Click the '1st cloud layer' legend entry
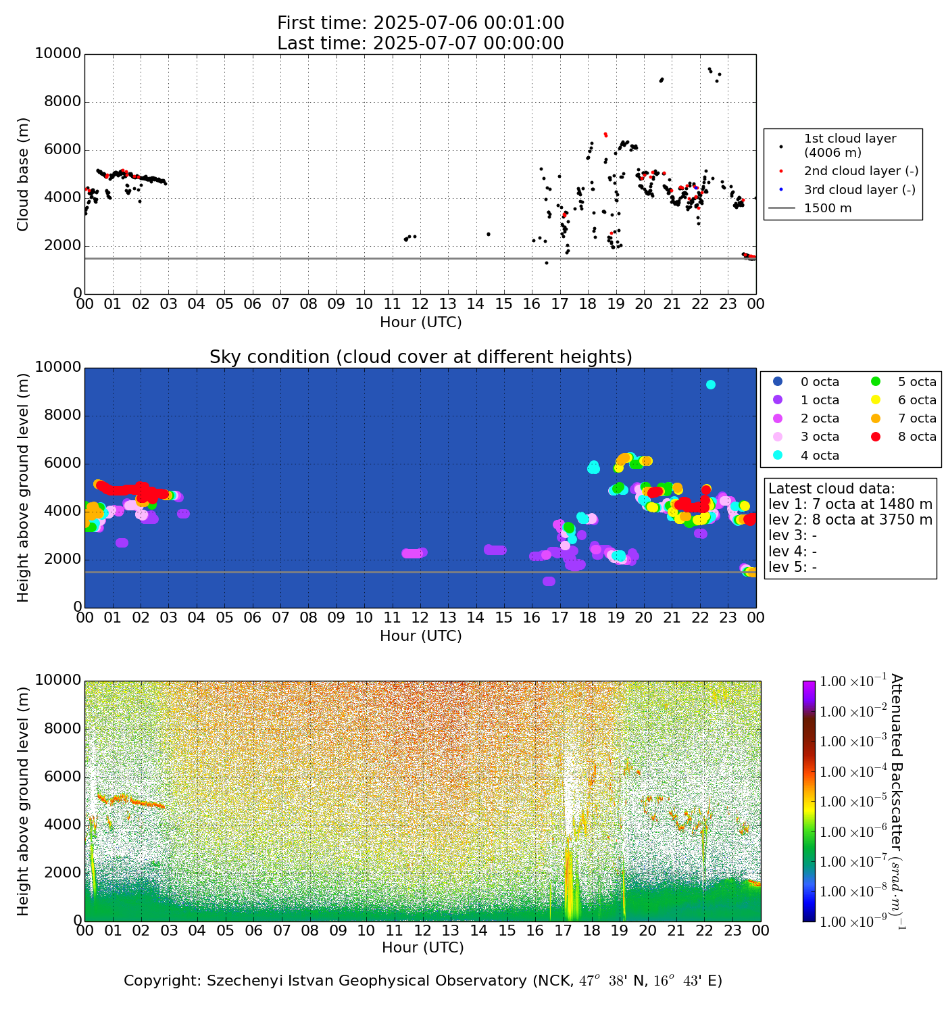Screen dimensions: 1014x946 (x=849, y=145)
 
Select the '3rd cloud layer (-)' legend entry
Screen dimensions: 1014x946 (x=859, y=190)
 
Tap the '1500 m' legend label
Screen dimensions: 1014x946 (x=828, y=208)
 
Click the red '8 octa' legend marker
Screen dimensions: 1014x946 (x=877, y=437)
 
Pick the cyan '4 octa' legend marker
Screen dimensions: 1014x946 (x=778, y=456)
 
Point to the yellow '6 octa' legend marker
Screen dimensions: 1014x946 (x=877, y=400)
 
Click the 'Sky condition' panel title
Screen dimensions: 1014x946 (x=420, y=357)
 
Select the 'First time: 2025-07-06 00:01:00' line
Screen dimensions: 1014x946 (x=420, y=24)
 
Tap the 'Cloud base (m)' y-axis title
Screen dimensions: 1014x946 (x=24, y=174)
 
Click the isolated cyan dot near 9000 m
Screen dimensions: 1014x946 (x=711, y=385)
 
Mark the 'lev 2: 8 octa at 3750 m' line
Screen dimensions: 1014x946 (x=850, y=520)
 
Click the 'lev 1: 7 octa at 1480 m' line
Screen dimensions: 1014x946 (x=850, y=504)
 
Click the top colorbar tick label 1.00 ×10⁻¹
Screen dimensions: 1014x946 (x=853, y=681)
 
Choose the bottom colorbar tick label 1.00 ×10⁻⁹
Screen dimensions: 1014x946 (x=853, y=921)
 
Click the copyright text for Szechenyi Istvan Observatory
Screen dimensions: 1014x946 (x=422, y=981)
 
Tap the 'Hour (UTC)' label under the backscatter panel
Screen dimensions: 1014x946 (x=422, y=948)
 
